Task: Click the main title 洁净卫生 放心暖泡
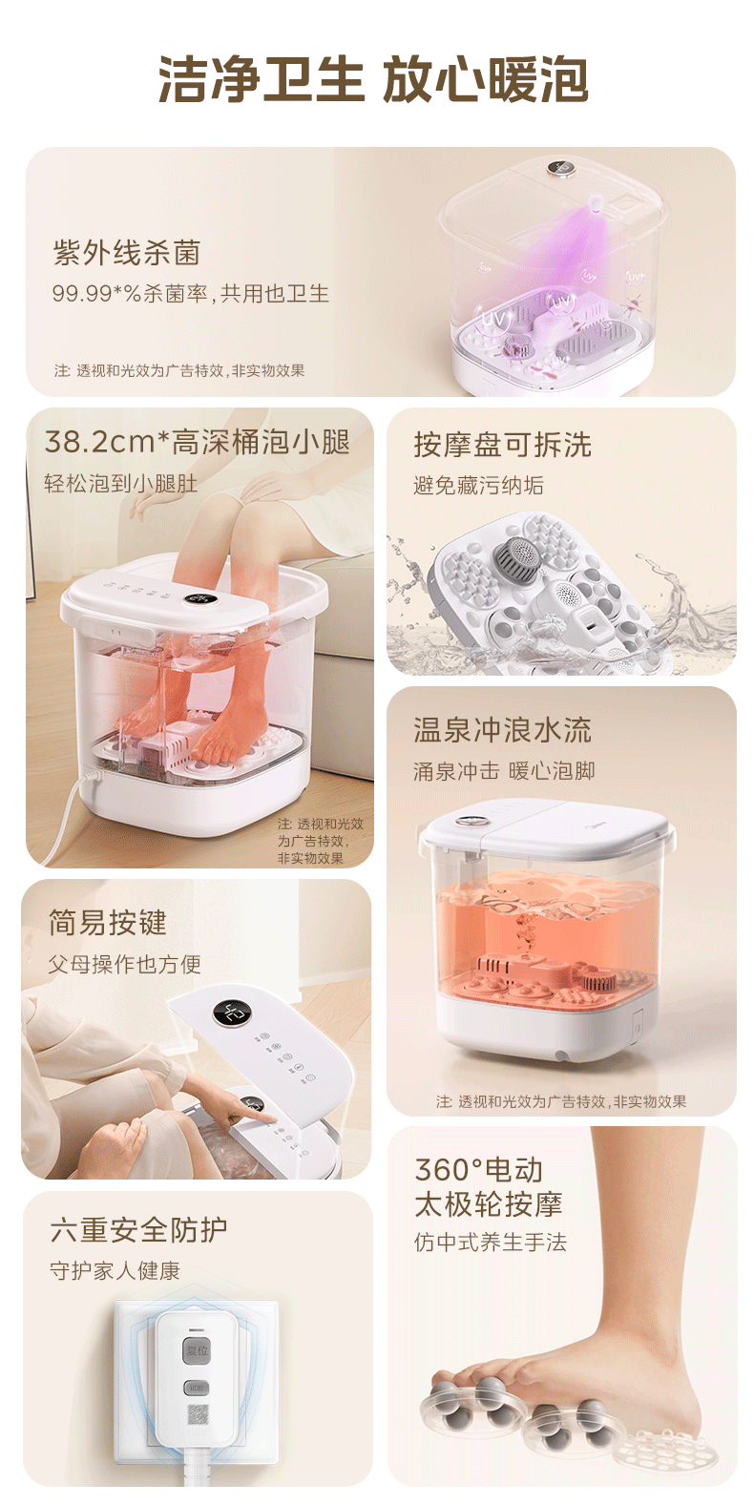coord(373,80)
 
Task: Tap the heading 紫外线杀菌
coord(127,253)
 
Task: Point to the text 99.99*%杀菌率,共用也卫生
coord(191,294)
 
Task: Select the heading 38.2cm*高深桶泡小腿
coord(198,442)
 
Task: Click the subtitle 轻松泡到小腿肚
coord(121,484)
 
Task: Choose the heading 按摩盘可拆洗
coord(502,445)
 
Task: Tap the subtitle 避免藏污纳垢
coord(478,486)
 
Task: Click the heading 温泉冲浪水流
coord(502,731)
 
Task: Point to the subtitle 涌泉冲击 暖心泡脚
coord(504,771)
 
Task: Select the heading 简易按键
coord(108,923)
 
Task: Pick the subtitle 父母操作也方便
coord(125,965)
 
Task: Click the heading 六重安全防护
coord(139,1230)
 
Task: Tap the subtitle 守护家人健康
coord(115,1271)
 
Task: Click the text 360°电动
coord(479,1170)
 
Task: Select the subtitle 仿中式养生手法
coord(491,1243)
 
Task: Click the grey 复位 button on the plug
coord(197,1350)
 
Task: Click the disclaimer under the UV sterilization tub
coord(179,371)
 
